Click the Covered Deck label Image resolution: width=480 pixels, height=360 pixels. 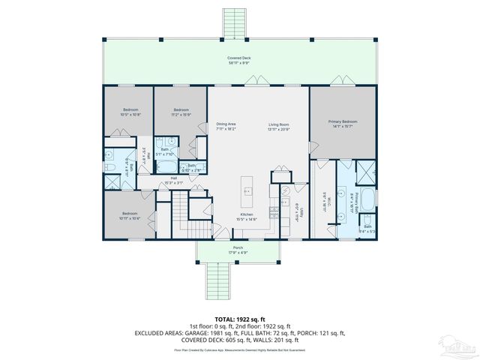coord(238,61)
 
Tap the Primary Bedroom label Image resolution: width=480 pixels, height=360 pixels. coord(342,124)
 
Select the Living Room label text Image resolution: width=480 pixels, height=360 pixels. coord(279,127)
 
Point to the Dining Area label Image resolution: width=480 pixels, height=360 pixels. coord(226,127)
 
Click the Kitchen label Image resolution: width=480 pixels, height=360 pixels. coord(247,217)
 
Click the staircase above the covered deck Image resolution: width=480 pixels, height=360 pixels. coord(234,23)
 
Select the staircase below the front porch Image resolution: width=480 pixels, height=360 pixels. coord(217,282)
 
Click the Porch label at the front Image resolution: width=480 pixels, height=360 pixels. coord(238,250)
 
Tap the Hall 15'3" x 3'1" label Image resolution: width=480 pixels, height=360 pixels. coord(173,181)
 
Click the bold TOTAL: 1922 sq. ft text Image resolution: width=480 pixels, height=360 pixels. coord(239,318)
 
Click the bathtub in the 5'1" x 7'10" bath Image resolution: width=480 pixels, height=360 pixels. coord(166,166)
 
